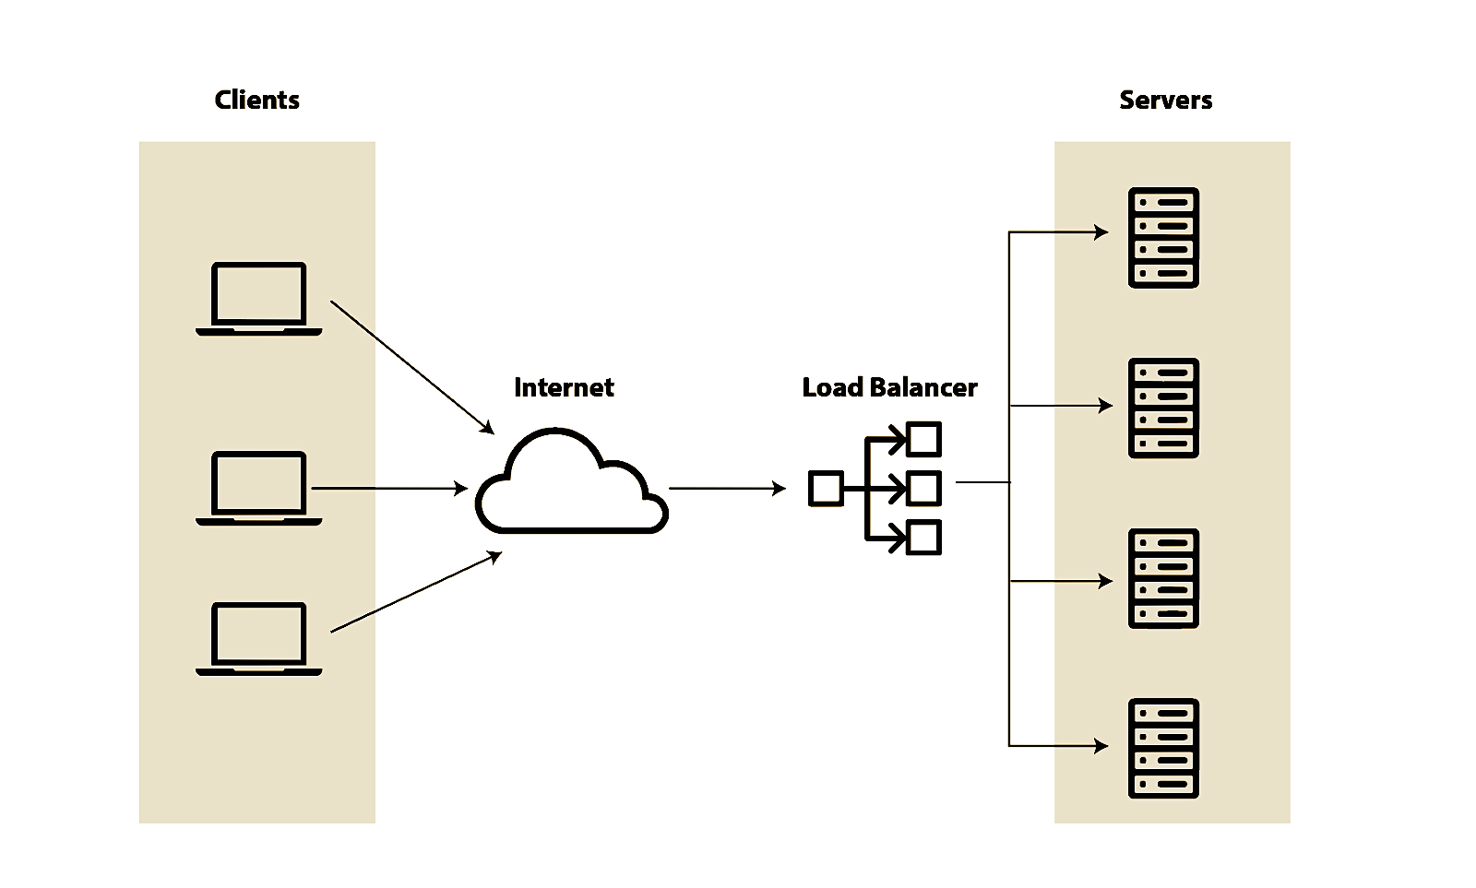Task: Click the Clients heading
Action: (x=256, y=100)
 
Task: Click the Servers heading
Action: (x=1165, y=100)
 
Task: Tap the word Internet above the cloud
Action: (x=564, y=387)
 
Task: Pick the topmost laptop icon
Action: (x=258, y=298)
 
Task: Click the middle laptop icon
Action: (x=258, y=488)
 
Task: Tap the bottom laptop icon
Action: (x=258, y=638)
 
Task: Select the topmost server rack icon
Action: (x=1163, y=238)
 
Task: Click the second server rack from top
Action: (x=1163, y=408)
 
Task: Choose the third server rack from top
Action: (x=1163, y=578)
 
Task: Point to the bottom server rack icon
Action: (x=1163, y=748)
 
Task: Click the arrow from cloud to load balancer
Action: (x=727, y=488)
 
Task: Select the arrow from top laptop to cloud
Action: (x=411, y=366)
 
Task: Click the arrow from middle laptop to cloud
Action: (x=389, y=488)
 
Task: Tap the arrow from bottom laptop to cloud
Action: (x=415, y=592)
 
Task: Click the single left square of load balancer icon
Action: (x=826, y=489)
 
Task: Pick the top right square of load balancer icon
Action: (x=923, y=439)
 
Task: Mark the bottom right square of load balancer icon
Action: (x=923, y=538)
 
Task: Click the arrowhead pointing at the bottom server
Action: (x=1101, y=745)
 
